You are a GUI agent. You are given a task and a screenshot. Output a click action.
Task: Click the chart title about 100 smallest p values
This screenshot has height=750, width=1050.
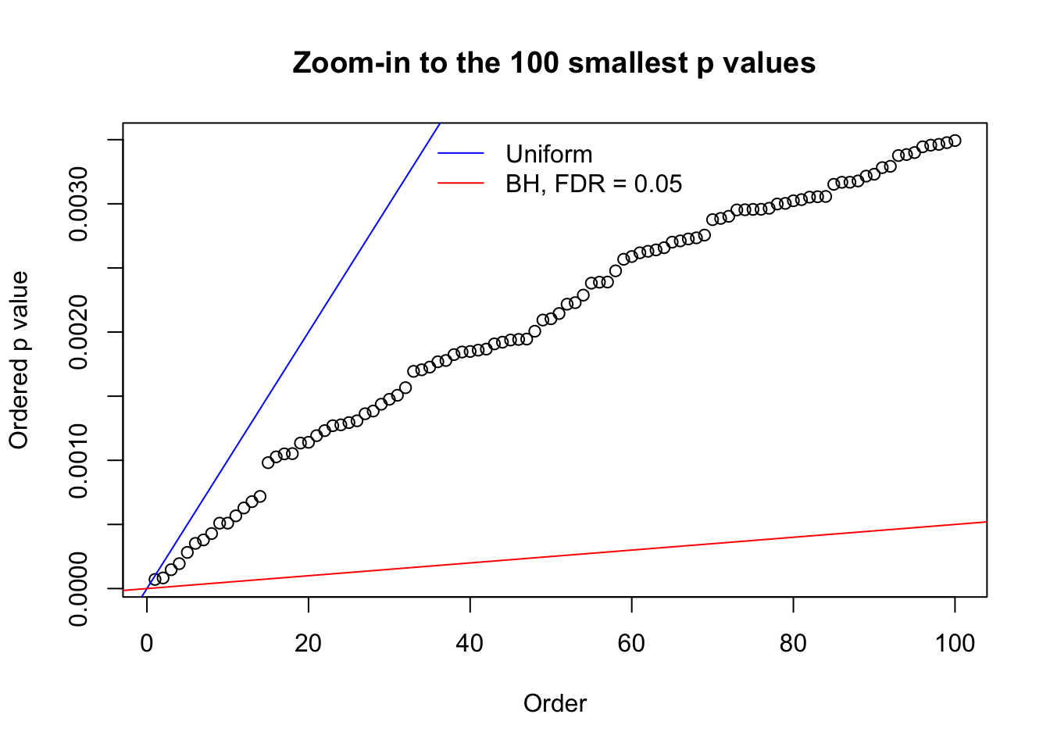554,62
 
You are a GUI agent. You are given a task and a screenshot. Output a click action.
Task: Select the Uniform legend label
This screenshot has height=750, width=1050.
548,154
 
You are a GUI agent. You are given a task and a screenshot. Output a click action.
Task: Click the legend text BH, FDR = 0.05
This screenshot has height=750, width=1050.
593,184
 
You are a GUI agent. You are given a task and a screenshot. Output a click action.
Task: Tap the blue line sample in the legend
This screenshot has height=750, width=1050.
461,154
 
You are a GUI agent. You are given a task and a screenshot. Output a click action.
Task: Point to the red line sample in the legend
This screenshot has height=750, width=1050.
461,184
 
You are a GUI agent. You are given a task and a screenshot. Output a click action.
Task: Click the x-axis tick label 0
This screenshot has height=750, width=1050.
147,643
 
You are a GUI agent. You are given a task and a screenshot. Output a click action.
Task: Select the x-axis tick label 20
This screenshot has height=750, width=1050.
309,643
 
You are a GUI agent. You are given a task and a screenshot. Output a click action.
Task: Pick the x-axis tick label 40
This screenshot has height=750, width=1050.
470,643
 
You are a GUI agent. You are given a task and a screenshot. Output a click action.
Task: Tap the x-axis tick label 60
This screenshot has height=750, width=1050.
631,643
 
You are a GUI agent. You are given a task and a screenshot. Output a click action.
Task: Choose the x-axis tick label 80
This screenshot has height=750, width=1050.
793,643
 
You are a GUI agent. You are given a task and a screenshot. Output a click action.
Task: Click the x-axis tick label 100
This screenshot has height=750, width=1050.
955,643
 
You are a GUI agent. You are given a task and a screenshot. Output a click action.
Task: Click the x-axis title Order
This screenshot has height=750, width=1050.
555,704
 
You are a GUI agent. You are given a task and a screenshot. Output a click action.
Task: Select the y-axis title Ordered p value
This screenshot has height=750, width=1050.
19,360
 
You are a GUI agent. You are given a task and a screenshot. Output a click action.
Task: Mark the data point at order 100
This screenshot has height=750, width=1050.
955,141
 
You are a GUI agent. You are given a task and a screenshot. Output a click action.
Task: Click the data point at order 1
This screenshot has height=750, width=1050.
155,580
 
